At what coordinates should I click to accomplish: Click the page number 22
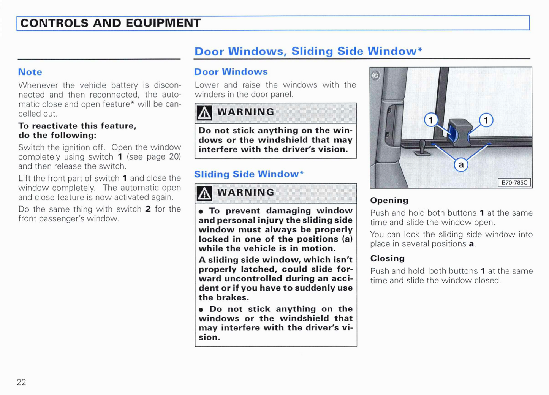pos(21,382)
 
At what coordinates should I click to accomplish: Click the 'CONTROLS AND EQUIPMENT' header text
pos(110,23)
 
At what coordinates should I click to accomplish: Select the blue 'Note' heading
pos(30,72)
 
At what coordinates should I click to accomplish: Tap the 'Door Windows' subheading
pos(231,72)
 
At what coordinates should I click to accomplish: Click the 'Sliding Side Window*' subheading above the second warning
pos(249,174)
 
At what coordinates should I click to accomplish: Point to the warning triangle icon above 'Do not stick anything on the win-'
pos(204,113)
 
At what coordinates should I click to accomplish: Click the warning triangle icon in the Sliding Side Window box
pos(204,194)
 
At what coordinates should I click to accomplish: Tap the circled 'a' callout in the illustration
pos(461,165)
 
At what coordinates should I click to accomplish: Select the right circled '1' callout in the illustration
pos(486,120)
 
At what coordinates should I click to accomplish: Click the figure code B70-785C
pos(514,183)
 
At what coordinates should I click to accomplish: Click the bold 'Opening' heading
pos(389,201)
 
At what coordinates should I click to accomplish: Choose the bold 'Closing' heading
pos(388,258)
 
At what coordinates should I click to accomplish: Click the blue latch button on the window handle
pos(452,134)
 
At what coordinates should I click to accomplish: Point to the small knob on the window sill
pos(422,147)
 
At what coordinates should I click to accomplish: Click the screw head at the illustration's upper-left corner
pos(375,76)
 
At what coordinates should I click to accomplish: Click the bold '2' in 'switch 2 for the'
pos(148,209)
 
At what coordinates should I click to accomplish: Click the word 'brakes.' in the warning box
pos(233,297)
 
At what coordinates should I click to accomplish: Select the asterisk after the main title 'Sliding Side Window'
pos(420,49)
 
